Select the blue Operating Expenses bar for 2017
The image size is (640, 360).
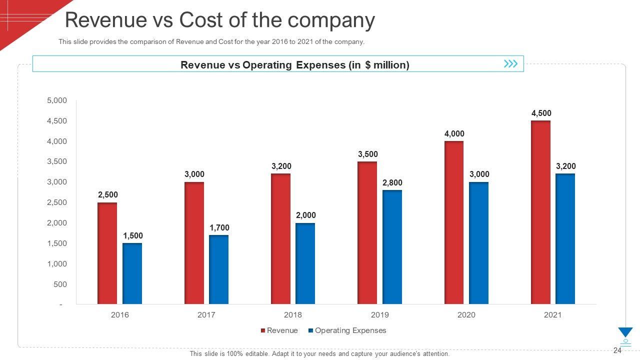218,269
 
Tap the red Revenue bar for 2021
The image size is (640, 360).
540,212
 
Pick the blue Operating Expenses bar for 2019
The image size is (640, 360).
392,247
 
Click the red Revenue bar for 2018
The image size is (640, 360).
280,238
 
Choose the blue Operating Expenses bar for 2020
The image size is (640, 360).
478,243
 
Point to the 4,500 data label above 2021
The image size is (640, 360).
541,113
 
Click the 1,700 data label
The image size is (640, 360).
219,228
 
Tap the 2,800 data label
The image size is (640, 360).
392,183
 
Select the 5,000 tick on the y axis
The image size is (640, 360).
57,100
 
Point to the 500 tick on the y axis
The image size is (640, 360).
60,284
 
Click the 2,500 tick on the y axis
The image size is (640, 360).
57,202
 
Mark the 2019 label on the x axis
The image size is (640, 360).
379,315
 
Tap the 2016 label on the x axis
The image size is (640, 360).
119,315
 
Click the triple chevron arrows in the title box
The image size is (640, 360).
510,64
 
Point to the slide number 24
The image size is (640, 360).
617,350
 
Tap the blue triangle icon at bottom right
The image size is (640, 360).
625,332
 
